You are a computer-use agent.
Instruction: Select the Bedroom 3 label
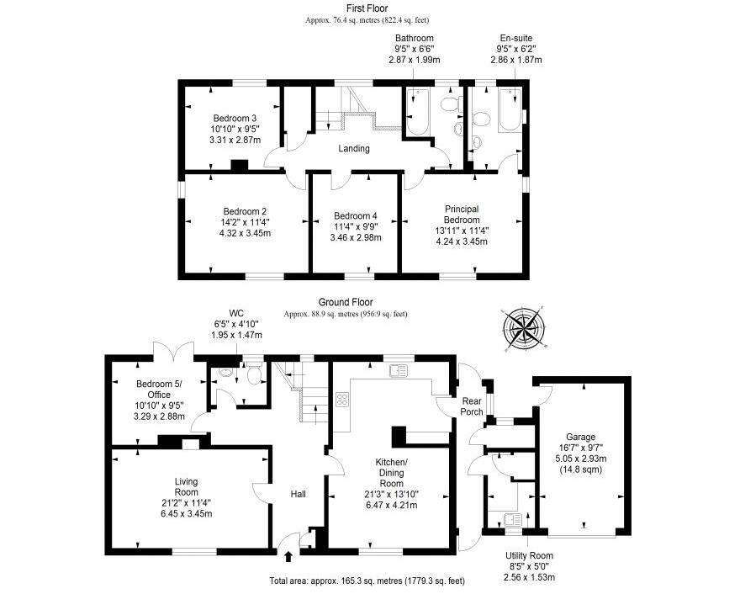tap(235, 118)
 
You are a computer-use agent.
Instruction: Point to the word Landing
tap(354, 149)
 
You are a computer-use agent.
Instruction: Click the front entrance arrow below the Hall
tap(289, 555)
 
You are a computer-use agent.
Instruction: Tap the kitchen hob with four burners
tap(343, 400)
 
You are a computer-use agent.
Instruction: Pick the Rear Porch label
tap(472, 406)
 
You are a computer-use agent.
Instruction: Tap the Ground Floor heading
tap(346, 302)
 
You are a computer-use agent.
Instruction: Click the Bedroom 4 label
tap(357, 215)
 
